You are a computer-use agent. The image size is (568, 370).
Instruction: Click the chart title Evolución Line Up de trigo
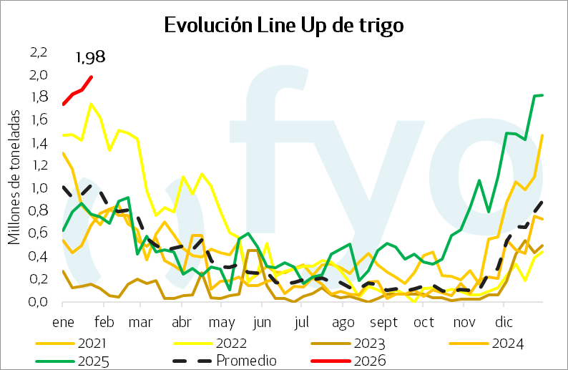coord(284,26)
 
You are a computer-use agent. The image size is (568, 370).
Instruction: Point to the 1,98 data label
coord(90,57)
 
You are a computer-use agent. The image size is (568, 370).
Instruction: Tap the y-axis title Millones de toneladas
coord(14,182)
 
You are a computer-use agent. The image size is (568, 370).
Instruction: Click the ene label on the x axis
coord(63,321)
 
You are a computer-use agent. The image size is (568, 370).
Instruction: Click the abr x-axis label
coord(182,321)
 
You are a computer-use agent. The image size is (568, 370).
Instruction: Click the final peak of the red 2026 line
coord(91,77)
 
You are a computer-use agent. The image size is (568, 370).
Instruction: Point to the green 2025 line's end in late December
coord(542,95)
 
